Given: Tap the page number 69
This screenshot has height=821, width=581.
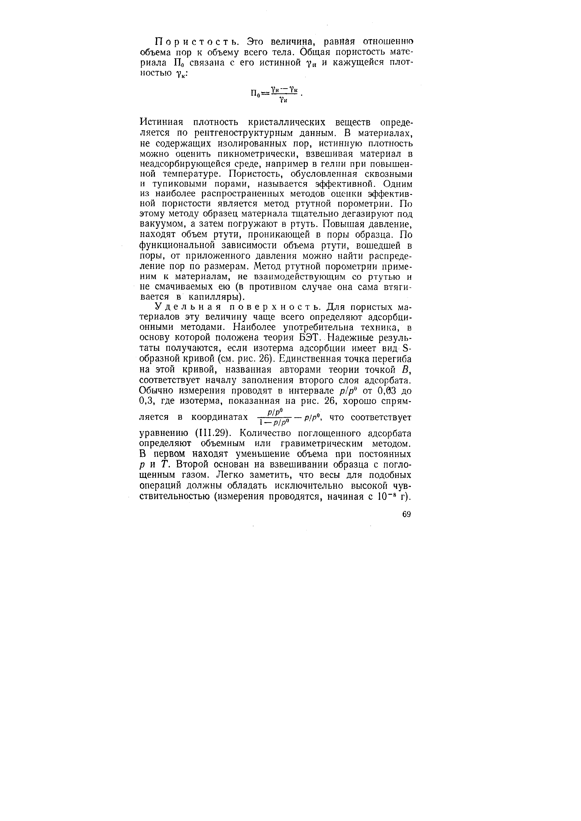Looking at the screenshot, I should [406, 514].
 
